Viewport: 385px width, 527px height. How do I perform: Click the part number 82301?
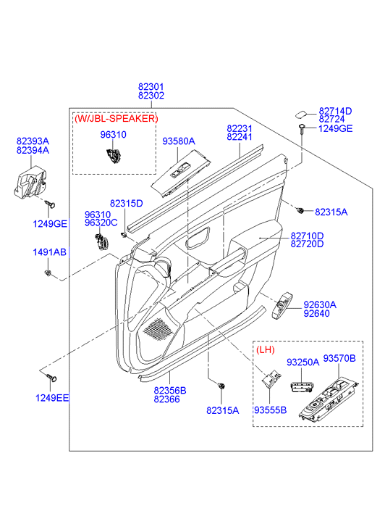pyautogui.click(x=151, y=87)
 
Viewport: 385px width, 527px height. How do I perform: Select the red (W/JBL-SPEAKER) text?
pyautogui.click(x=116, y=118)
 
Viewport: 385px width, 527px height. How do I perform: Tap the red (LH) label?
pyautogui.click(x=265, y=350)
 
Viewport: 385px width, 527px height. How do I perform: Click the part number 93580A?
pyautogui.click(x=179, y=141)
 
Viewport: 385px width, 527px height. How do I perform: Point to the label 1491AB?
pyautogui.click(x=50, y=252)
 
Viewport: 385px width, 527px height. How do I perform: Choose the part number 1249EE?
pyautogui.click(x=52, y=398)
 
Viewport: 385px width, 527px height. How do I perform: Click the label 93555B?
pyautogui.click(x=270, y=410)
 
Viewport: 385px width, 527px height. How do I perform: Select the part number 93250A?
pyautogui.click(x=302, y=362)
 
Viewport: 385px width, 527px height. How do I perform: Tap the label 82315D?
pyautogui.click(x=126, y=204)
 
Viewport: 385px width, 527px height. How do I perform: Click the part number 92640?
pyautogui.click(x=316, y=314)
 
